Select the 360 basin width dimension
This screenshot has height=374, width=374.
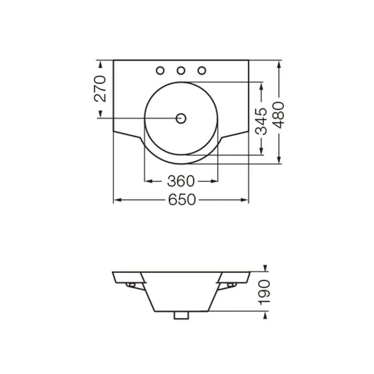click(181, 181)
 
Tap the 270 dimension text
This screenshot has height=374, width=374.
click(100, 89)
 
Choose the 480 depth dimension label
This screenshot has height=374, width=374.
click(278, 115)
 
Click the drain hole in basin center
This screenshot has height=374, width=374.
click(181, 118)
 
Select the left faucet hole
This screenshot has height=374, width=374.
click(160, 70)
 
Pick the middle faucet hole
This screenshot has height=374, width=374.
click(181, 70)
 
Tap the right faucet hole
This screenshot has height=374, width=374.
click(202, 70)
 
